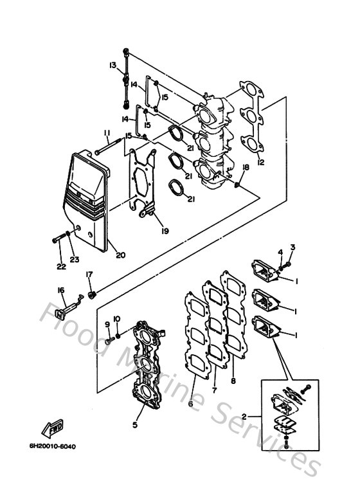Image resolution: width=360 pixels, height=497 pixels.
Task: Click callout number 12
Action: click(260, 163)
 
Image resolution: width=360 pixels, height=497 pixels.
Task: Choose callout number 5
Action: click(134, 424)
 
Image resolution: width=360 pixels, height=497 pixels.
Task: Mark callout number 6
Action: click(190, 404)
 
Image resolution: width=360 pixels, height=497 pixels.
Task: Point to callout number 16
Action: click(61, 290)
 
